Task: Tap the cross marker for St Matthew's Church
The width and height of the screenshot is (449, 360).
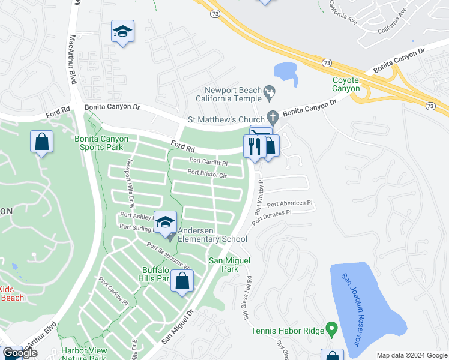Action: tap(272, 116)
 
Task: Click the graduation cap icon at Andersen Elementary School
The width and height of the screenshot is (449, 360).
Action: tap(165, 222)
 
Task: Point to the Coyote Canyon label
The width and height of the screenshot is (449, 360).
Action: tap(346, 84)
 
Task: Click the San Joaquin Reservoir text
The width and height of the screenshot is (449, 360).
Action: tap(350, 309)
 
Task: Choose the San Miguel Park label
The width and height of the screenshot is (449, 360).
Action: tap(228, 265)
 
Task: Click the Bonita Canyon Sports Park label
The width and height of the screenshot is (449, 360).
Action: tap(101, 143)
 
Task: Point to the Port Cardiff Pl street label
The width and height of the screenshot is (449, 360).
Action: tap(208, 162)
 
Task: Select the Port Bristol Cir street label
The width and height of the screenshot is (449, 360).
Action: tap(206, 173)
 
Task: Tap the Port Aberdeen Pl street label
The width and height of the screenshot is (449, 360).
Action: tap(290, 204)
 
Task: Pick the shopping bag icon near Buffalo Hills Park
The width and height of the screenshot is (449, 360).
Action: tap(182, 281)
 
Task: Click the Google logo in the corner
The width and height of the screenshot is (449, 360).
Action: tap(19, 353)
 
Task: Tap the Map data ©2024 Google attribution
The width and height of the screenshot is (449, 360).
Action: tap(411, 355)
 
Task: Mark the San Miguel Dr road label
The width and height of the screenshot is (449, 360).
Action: tap(178, 328)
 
